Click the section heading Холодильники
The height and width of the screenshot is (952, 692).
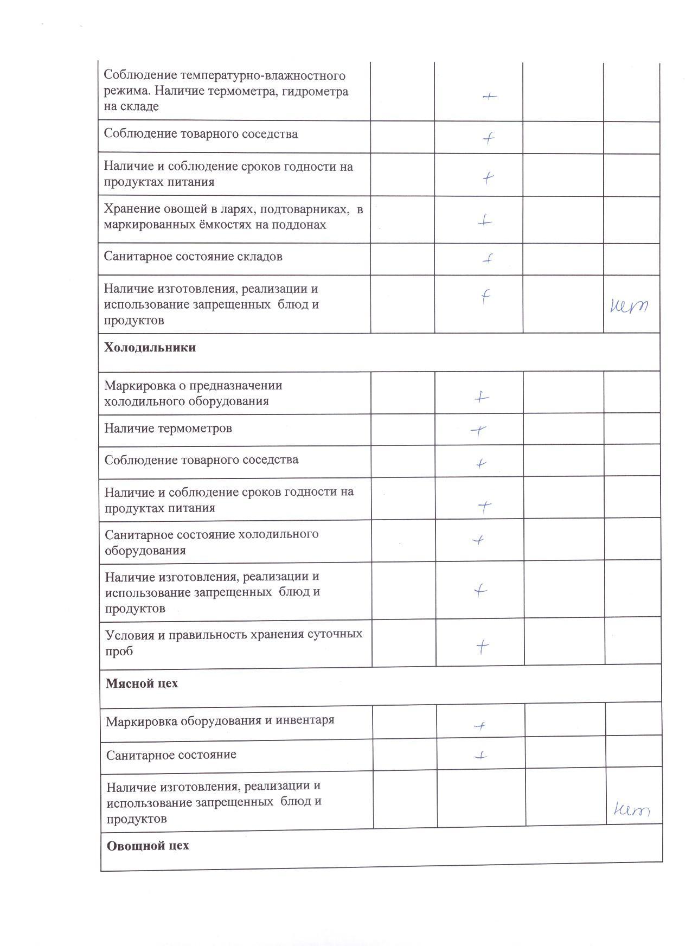pyautogui.click(x=150, y=348)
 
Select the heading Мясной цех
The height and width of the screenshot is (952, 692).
pyautogui.click(x=142, y=683)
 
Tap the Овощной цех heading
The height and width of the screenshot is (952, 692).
pyautogui.click(x=148, y=846)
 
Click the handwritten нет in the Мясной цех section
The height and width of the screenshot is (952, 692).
pyautogui.click(x=631, y=810)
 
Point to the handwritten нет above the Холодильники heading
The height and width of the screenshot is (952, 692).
pyautogui.click(x=629, y=307)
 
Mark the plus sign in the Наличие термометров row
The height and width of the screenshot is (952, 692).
pyautogui.click(x=478, y=430)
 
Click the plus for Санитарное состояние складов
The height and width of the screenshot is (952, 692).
pyautogui.click(x=488, y=259)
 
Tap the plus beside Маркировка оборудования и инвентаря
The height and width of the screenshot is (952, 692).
pyautogui.click(x=479, y=726)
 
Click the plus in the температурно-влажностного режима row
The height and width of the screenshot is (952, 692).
pyautogui.click(x=489, y=97)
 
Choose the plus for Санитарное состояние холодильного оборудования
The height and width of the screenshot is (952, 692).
pyautogui.click(x=478, y=540)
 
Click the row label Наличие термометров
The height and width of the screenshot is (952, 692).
pyautogui.click(x=168, y=429)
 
